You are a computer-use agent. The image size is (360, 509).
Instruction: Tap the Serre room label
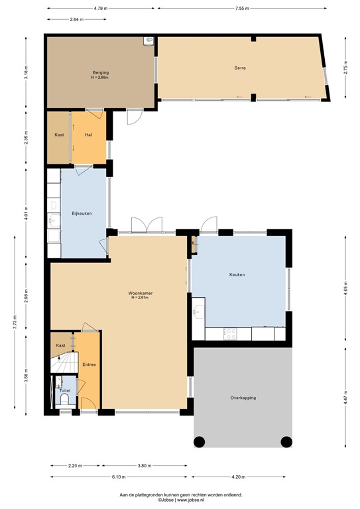(x=239, y=68)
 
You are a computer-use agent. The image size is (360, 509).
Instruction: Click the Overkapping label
(x=243, y=398)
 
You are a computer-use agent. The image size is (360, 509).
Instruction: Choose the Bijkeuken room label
(x=82, y=213)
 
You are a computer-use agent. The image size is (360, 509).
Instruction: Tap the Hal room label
(x=88, y=135)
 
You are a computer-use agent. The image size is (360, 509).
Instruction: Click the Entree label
(x=89, y=364)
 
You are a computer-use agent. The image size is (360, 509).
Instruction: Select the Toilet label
(x=64, y=391)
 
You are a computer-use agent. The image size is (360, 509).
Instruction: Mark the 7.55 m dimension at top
(x=241, y=9)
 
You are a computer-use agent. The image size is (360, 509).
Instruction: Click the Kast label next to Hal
(x=59, y=135)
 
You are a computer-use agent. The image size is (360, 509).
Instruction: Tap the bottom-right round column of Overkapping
(x=286, y=442)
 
